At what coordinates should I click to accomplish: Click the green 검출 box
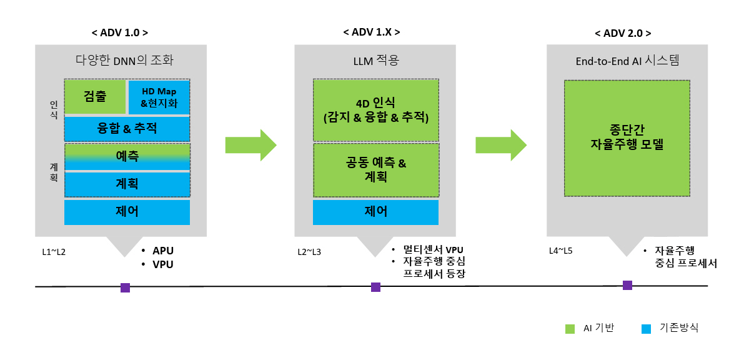click(95, 97)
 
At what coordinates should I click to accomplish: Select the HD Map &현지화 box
click(159, 97)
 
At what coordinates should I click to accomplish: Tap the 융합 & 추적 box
click(127, 129)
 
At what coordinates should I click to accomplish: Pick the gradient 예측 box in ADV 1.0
click(127, 156)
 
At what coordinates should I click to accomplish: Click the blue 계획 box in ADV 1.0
click(127, 184)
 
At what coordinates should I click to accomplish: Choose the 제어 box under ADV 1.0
click(127, 212)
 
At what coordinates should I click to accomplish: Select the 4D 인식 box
click(375, 109)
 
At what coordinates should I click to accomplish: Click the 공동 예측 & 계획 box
click(375, 170)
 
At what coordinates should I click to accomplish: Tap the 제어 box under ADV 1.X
click(375, 212)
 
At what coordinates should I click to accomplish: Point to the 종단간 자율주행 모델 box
click(627, 137)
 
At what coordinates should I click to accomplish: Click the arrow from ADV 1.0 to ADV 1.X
click(250, 145)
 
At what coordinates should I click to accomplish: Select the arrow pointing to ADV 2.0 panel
click(500, 145)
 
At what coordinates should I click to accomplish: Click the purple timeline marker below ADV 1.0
click(125, 287)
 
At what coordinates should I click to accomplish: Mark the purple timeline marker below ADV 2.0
click(627, 285)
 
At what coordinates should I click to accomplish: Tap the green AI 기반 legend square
click(569, 329)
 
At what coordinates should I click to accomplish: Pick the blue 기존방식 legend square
click(647, 329)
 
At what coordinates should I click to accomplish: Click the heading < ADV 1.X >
click(372, 32)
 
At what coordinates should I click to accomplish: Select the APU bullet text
click(162, 251)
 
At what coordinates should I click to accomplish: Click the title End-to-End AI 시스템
click(627, 61)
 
